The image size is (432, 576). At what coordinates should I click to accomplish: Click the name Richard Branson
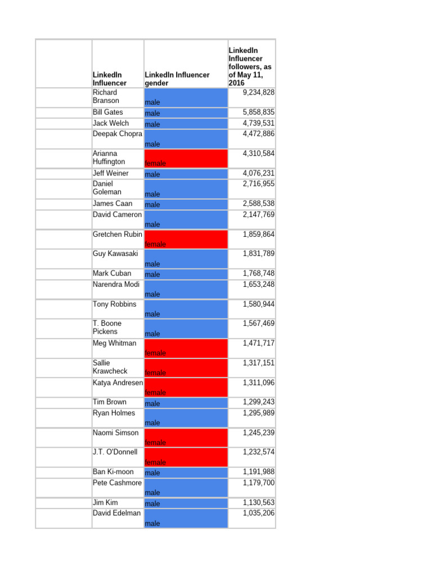click(106, 97)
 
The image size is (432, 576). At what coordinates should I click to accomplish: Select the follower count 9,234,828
click(258, 92)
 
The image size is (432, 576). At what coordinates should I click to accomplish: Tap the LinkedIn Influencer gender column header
click(177, 79)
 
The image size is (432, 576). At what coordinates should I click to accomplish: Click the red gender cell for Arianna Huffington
click(186, 159)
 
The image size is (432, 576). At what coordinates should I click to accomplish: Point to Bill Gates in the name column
click(107, 112)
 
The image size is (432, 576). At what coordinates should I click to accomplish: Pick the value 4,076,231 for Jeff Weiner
click(258, 173)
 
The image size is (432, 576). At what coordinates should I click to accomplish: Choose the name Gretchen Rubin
click(117, 235)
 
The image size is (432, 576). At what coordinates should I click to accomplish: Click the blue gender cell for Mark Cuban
click(186, 274)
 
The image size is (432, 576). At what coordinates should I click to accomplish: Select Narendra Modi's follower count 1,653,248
click(258, 285)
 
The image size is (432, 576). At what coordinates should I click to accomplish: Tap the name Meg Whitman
click(114, 343)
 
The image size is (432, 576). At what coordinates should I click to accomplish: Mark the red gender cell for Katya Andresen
click(186, 388)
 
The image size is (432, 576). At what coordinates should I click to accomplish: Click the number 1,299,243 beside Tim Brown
click(258, 402)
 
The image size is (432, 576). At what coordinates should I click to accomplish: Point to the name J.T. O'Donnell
click(115, 452)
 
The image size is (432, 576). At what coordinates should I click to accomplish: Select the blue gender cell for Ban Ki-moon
click(186, 472)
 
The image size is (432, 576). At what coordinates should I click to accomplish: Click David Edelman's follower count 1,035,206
click(258, 513)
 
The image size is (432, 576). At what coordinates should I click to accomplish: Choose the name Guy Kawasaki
click(115, 254)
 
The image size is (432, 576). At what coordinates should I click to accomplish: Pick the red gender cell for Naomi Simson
click(186, 438)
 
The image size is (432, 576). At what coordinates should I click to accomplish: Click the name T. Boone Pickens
click(107, 327)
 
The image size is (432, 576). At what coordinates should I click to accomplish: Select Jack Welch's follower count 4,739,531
click(258, 123)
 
